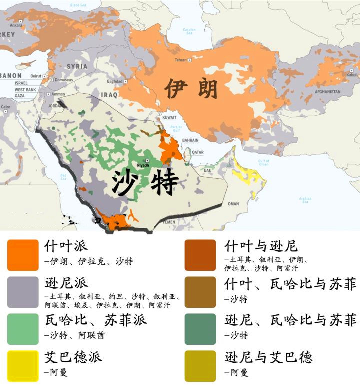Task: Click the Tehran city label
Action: [180, 60]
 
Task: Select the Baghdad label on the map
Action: [114, 81]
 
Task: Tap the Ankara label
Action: [16, 25]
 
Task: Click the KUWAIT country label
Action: [170, 117]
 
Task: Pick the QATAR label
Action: [198, 152]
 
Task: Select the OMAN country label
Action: [233, 204]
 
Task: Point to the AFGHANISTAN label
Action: [327, 92]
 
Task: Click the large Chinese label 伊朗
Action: [191, 89]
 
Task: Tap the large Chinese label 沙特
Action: [145, 183]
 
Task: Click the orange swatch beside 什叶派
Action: [23, 255]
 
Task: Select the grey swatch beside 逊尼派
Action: [23, 292]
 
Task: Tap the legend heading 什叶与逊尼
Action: [261, 246]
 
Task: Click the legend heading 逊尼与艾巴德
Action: [268, 357]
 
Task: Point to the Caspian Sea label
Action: [189, 31]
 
